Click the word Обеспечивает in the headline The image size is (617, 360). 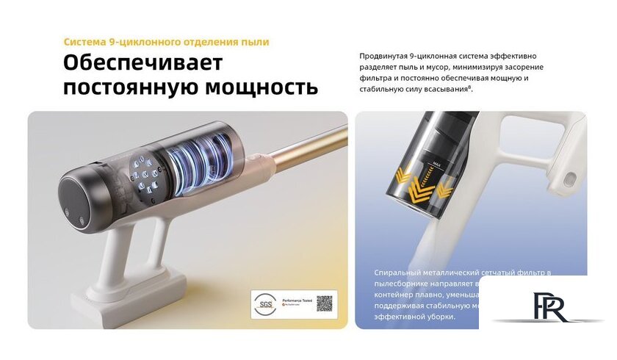(x=142, y=62)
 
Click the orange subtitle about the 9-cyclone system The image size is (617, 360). (x=166, y=42)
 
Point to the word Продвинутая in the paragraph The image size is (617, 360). (x=385, y=56)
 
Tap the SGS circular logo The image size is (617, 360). (x=263, y=303)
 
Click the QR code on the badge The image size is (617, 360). (x=325, y=303)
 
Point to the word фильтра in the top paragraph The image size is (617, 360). (x=375, y=78)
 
